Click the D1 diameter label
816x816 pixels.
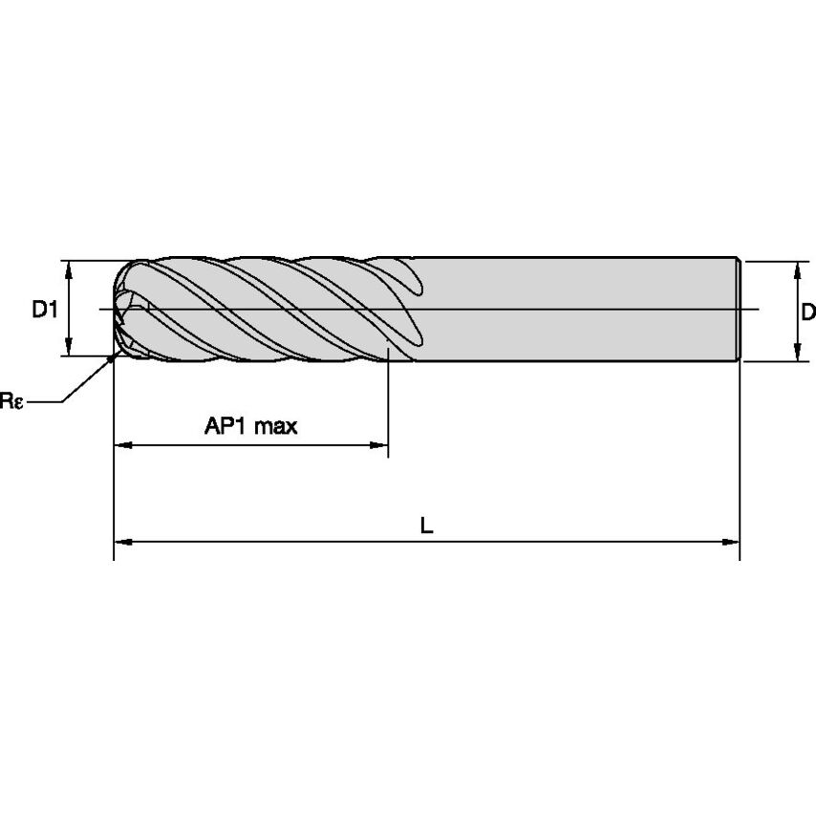[x=45, y=309]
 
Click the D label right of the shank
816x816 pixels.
[x=807, y=311]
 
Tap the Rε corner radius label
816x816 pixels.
[x=11, y=401]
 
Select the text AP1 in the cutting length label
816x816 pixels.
[x=225, y=426]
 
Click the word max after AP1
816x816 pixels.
[x=274, y=426]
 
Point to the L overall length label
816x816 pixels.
[x=427, y=525]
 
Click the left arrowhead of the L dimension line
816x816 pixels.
[x=121, y=542]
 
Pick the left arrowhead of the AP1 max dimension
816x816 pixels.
[x=121, y=445]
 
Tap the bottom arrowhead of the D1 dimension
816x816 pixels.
[x=70, y=349]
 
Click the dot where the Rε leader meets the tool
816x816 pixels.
[x=114, y=357]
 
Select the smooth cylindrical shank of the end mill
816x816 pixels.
[x=573, y=309]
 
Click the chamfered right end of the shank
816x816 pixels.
[x=738, y=309]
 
